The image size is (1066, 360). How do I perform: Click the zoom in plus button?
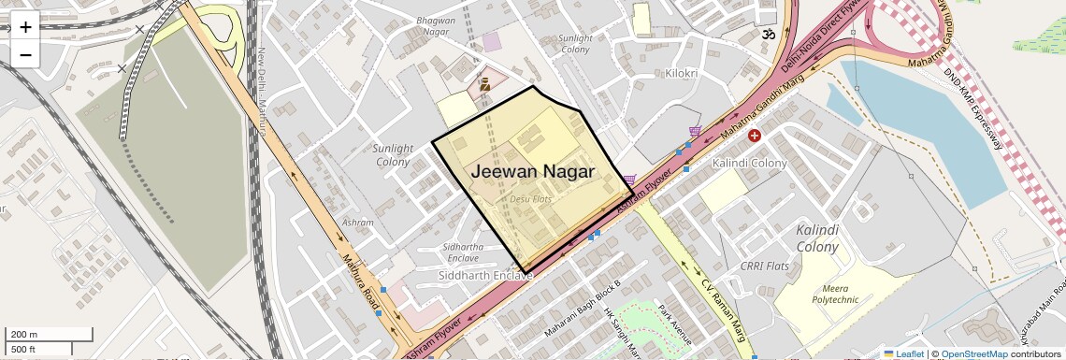click(25, 27)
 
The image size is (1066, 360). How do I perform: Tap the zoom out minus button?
click(25, 55)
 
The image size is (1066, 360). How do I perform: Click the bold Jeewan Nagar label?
click(532, 172)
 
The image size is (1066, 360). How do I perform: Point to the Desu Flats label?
click(531, 199)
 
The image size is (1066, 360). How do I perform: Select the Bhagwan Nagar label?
click(436, 26)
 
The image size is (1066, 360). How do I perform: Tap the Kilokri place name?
click(681, 73)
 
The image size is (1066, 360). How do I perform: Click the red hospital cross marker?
click(755, 137)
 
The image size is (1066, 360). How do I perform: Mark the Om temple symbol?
click(768, 35)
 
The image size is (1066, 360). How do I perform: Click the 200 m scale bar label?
click(23, 334)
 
